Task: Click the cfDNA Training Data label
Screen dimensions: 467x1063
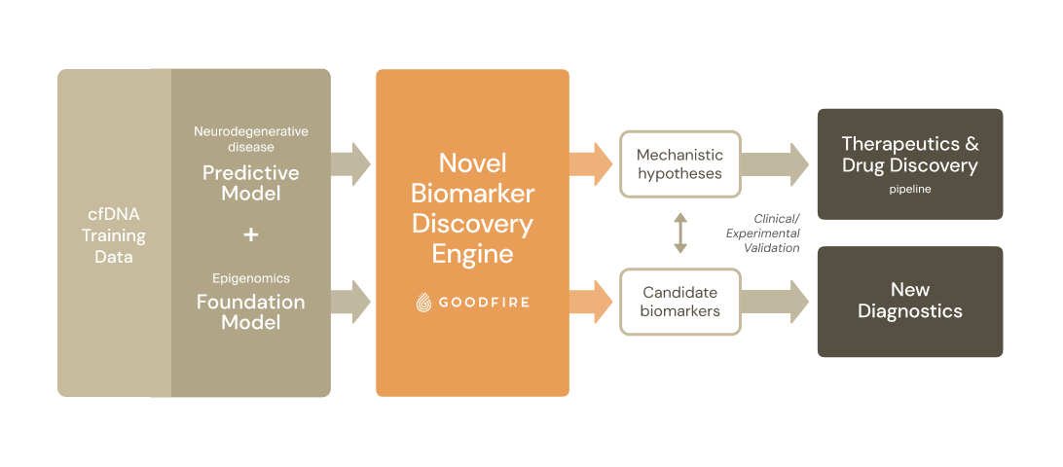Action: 114,235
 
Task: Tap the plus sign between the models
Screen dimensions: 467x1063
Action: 251,234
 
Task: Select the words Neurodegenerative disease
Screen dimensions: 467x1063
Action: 250,138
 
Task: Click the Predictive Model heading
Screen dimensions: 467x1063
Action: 250,183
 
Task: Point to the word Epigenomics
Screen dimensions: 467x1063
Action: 250,278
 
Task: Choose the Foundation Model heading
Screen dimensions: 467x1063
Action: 250,311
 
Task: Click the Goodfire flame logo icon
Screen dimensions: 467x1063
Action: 423,304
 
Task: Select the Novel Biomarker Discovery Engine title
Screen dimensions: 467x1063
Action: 472,207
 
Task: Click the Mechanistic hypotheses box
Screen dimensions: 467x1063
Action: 679,163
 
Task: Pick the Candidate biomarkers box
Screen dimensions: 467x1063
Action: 679,302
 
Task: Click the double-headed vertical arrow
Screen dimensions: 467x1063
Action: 680,233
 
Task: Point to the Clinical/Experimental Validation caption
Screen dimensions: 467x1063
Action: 763,233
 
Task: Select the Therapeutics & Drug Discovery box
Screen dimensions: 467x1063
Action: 909,163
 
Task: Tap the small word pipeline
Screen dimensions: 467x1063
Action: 909,189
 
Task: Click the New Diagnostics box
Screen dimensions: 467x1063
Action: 909,301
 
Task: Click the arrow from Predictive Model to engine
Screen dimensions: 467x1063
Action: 350,163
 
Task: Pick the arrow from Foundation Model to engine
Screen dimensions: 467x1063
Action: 350,302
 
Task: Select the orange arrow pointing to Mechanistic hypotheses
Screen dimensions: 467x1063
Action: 590,163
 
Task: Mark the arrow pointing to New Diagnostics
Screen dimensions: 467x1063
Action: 775,302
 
